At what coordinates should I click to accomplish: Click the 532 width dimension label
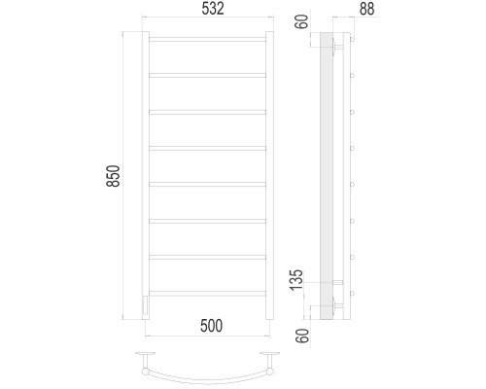(213, 9)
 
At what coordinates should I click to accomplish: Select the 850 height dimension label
(114, 176)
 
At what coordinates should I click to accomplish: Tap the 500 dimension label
(211, 326)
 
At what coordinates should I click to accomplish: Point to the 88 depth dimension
(366, 9)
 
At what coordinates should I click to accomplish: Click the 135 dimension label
(296, 280)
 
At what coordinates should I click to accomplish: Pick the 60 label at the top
(302, 21)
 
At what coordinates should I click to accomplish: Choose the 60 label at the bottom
(302, 336)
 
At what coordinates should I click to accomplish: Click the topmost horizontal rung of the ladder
(207, 39)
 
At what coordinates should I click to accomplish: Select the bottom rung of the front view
(207, 294)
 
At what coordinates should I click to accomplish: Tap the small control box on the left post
(146, 304)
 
